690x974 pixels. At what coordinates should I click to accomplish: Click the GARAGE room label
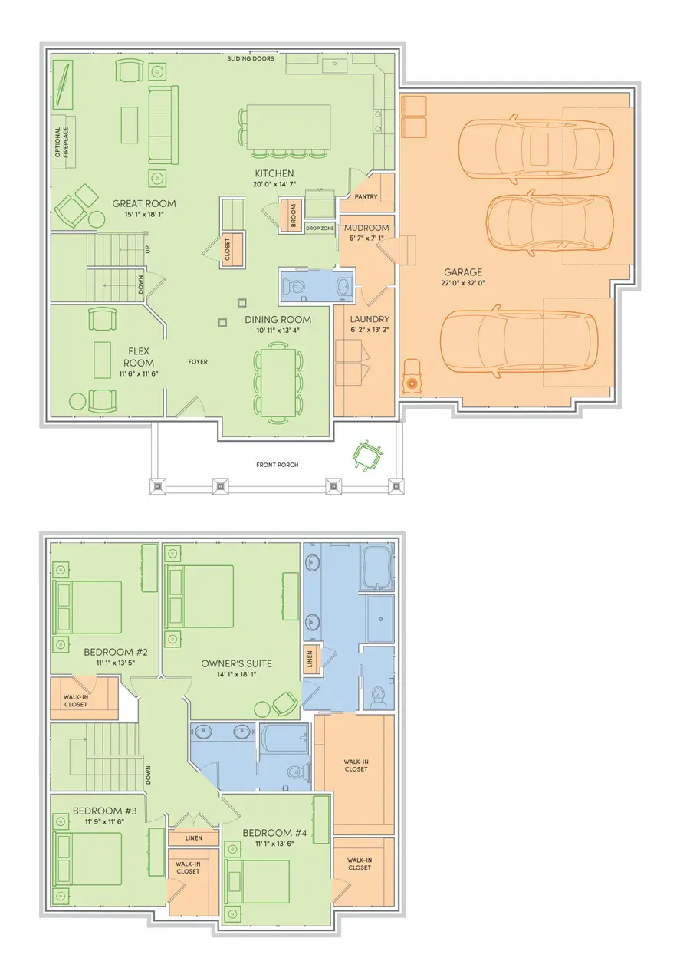pyautogui.click(x=463, y=272)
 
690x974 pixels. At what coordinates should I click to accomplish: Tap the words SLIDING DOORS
pyautogui.click(x=251, y=58)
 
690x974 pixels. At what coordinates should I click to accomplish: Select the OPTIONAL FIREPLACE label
pyautogui.click(x=62, y=142)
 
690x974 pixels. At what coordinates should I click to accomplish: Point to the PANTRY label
pyautogui.click(x=366, y=196)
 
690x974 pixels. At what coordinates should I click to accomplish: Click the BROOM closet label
pyautogui.click(x=293, y=216)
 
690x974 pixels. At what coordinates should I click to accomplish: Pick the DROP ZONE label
pyautogui.click(x=320, y=229)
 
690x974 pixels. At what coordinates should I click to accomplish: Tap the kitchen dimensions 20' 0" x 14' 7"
pyautogui.click(x=274, y=184)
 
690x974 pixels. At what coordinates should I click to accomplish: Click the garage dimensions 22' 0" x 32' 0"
pyautogui.click(x=464, y=283)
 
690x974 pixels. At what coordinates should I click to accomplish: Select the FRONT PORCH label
pyautogui.click(x=278, y=465)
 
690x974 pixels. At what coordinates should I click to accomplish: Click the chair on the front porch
pyautogui.click(x=368, y=454)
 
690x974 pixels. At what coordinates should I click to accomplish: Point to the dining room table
pyautogui.click(x=278, y=383)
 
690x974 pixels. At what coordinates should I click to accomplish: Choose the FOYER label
pyautogui.click(x=198, y=362)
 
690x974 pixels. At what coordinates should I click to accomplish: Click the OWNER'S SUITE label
pyautogui.click(x=237, y=663)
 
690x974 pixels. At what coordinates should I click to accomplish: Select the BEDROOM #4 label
pyautogui.click(x=274, y=833)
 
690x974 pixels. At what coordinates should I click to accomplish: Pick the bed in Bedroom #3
pyautogui.click(x=87, y=859)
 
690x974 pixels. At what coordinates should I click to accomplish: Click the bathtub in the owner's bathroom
pyautogui.click(x=377, y=567)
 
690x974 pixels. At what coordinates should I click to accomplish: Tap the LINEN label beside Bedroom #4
pyautogui.click(x=194, y=838)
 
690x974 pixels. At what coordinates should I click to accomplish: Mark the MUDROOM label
pyautogui.click(x=366, y=228)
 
